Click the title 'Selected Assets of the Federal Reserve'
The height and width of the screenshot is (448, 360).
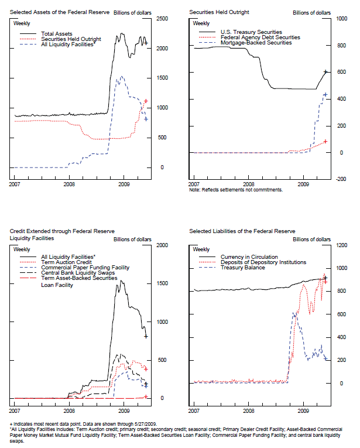tap(55, 12)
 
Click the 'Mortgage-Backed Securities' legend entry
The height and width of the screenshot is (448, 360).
tap(256, 42)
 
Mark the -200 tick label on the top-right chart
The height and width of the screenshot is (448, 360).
tap(341, 179)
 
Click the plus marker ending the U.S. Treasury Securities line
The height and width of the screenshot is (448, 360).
tap(326, 72)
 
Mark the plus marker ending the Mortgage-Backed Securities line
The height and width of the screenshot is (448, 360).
tap(325, 95)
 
